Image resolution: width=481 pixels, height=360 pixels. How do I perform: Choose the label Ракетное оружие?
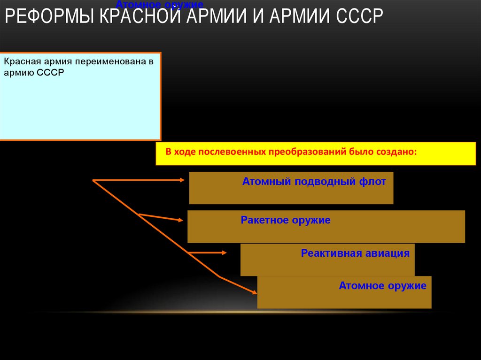(x=286, y=220)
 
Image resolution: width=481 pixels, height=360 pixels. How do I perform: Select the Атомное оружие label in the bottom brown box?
(x=382, y=285)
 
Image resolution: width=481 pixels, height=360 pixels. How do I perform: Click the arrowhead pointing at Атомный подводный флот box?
(x=183, y=180)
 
